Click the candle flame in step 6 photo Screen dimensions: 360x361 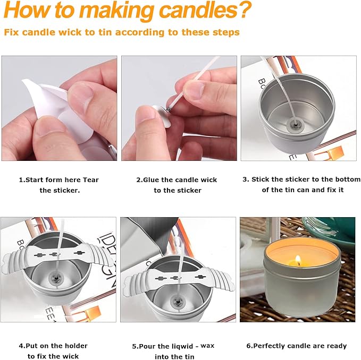pyautogui.click(x=297, y=260)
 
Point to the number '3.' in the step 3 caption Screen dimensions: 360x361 pyautogui.click(x=246, y=179)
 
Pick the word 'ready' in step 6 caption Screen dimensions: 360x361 pyautogui.click(x=335, y=346)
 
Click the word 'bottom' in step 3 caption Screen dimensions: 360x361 pyautogui.click(x=348, y=179)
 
